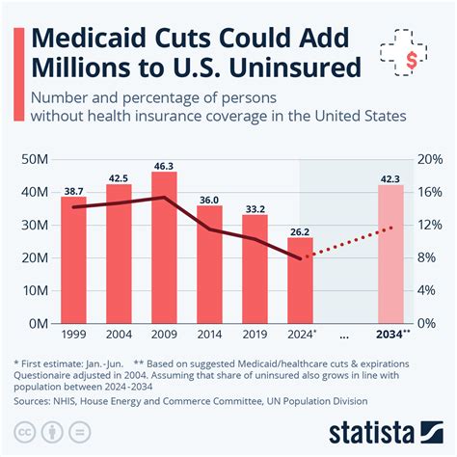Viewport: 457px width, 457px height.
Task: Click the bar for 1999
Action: click(x=73, y=259)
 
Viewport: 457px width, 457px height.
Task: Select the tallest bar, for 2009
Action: click(x=164, y=247)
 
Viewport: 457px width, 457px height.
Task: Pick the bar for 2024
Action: click(x=300, y=280)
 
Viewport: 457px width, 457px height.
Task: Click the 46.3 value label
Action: click(x=164, y=165)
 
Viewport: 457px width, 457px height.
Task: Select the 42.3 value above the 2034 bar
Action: click(x=390, y=177)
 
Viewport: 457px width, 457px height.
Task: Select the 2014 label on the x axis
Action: click(x=209, y=334)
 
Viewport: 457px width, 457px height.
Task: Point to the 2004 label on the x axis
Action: click(x=119, y=334)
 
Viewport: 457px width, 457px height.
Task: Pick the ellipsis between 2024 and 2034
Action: click(x=345, y=334)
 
